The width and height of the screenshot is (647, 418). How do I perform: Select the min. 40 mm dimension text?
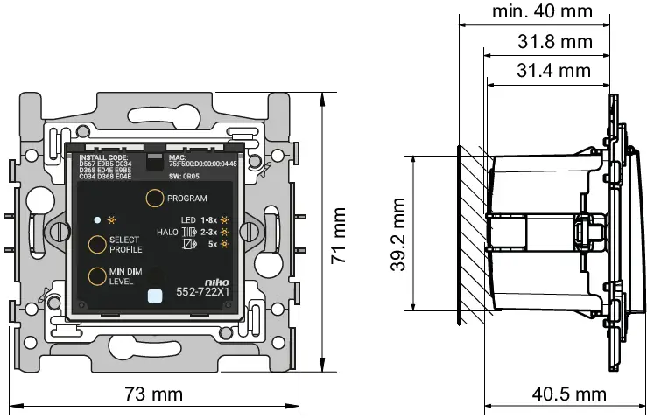pyautogui.click(x=543, y=11)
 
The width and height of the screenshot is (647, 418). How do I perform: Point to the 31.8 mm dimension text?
pyautogui.click(x=554, y=41)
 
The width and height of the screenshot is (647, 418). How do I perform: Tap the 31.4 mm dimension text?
pyautogui.click(x=554, y=71)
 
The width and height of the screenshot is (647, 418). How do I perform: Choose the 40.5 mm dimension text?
pyautogui.click(x=569, y=394)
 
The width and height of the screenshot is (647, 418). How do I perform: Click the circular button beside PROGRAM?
pyautogui.click(x=154, y=199)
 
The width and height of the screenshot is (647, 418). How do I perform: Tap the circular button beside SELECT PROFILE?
pyautogui.click(x=96, y=245)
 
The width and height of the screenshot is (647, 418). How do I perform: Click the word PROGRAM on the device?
pyautogui.click(x=186, y=199)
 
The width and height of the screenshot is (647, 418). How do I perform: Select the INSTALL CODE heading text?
pyautogui.click(x=103, y=157)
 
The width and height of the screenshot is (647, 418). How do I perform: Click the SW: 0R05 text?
pyautogui.click(x=186, y=176)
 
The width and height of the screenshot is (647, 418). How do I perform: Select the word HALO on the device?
pyautogui.click(x=167, y=232)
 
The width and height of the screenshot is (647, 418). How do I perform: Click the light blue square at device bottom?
pyautogui.click(x=156, y=296)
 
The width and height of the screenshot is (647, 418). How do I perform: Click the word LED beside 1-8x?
pyautogui.click(x=188, y=219)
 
